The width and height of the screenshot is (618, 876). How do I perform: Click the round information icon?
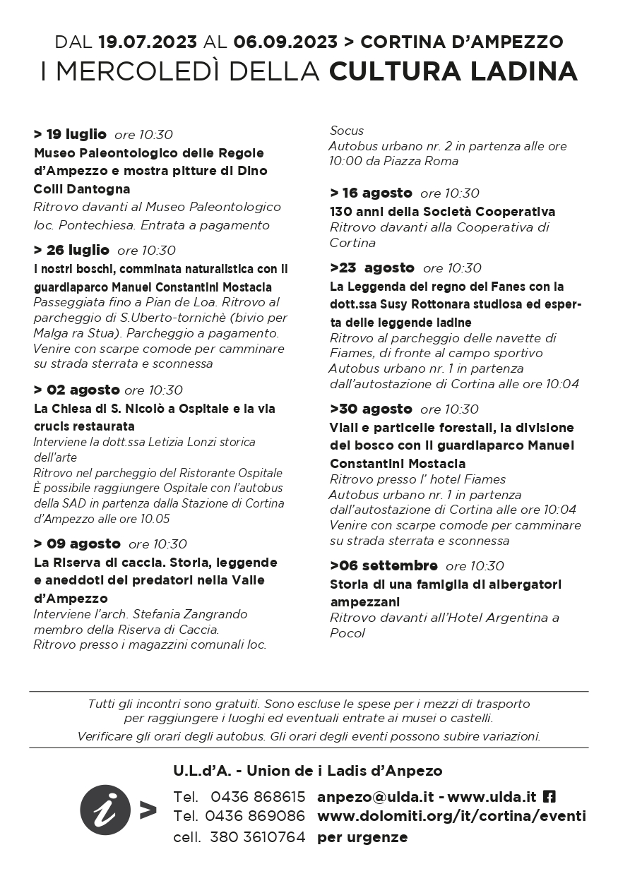point(105,810)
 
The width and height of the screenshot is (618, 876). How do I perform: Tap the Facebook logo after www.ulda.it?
point(549,797)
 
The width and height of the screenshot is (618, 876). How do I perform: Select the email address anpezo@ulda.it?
point(375,797)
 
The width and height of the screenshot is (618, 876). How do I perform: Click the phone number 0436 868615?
point(258,797)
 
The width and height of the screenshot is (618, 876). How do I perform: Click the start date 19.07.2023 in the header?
point(148,42)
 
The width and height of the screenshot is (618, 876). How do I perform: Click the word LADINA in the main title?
point(521,72)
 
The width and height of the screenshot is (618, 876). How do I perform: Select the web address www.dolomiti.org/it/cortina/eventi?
point(451,817)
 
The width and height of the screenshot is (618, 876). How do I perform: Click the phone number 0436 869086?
point(255,817)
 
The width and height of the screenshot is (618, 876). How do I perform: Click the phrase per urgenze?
point(362,837)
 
